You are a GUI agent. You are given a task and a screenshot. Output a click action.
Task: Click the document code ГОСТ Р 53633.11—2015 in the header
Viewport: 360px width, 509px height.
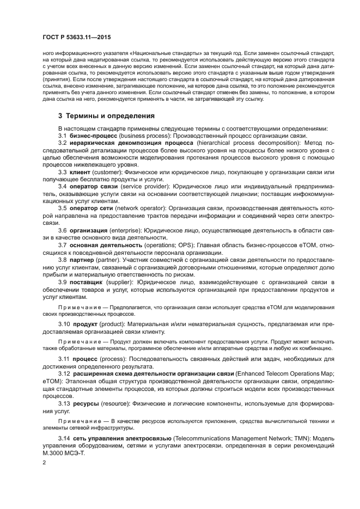76,36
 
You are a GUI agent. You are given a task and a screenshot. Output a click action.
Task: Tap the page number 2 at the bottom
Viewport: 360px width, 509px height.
44,462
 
